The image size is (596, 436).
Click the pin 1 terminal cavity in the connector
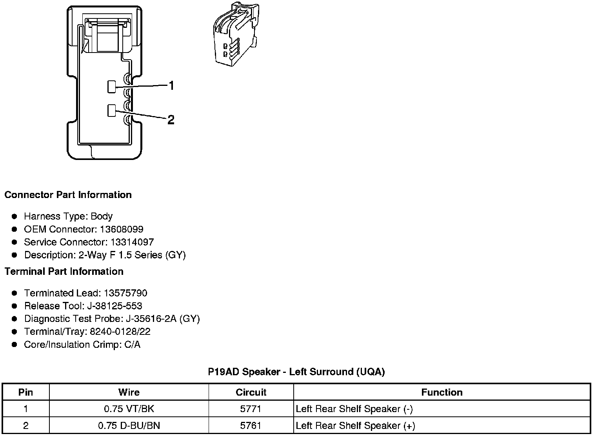pyautogui.click(x=111, y=87)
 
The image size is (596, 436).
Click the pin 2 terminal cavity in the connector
pyautogui.click(x=111, y=111)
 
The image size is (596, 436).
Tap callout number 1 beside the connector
pyautogui.click(x=171, y=85)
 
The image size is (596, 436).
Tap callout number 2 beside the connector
pyautogui.click(x=171, y=120)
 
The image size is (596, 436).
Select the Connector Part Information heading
pyautogui.click(x=68, y=195)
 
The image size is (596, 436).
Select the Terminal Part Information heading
pyautogui.click(x=64, y=271)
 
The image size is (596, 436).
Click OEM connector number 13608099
pyautogui.click(x=121, y=229)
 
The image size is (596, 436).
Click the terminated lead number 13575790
pyautogui.click(x=125, y=293)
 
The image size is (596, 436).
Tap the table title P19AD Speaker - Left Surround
pyautogui.click(x=296, y=372)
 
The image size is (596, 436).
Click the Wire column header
pyautogui.click(x=129, y=392)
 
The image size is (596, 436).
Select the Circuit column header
pyautogui.click(x=251, y=392)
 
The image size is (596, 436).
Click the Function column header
pyautogui.click(x=442, y=392)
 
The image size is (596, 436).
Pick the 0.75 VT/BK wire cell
pyautogui.click(x=129, y=409)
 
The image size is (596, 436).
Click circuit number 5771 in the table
pyautogui.click(x=251, y=409)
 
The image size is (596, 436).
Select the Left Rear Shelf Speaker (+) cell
pyautogui.click(x=355, y=426)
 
